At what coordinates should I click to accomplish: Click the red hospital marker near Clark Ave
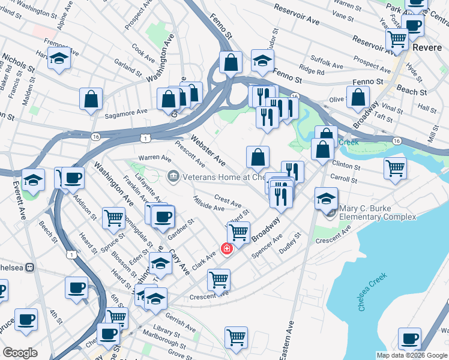click(x=227, y=248)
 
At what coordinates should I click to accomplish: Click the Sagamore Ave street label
click(x=125, y=113)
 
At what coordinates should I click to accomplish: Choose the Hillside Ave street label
click(x=209, y=203)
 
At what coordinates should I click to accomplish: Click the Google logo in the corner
click(x=20, y=353)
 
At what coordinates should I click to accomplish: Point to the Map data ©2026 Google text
click(x=412, y=355)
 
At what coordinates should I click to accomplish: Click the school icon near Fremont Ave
click(x=59, y=59)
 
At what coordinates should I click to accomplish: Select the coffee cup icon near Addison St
click(x=73, y=178)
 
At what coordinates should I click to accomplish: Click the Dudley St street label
click(x=289, y=244)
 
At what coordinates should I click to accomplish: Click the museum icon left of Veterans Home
click(x=172, y=176)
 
